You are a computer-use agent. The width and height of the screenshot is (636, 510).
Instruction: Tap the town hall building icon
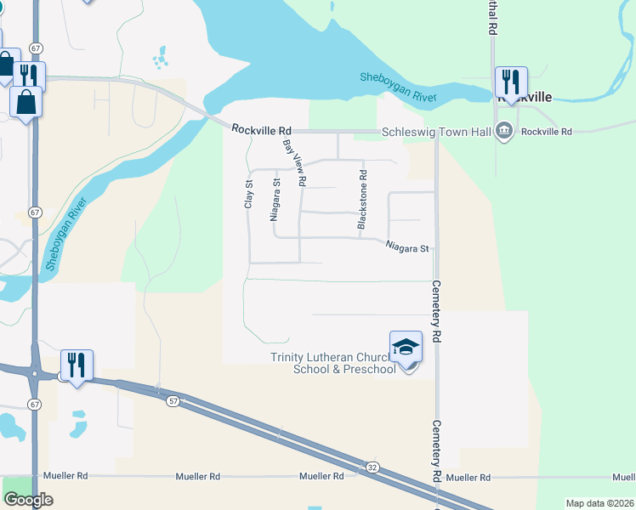click(x=503, y=132)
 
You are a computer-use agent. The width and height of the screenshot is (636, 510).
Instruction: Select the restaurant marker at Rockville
click(x=512, y=82)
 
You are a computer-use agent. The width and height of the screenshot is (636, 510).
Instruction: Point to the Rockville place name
click(x=524, y=98)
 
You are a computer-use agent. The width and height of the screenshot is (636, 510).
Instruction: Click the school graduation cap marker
click(x=406, y=347)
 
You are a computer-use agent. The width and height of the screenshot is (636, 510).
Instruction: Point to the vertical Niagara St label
click(x=275, y=200)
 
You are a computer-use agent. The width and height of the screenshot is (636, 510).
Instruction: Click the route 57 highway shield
click(x=173, y=400)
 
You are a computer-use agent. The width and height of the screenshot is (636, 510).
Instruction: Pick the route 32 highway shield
click(x=372, y=467)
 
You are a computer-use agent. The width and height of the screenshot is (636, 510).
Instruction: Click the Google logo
click(x=28, y=500)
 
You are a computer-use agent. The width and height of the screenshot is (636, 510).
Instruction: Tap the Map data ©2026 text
click(x=599, y=503)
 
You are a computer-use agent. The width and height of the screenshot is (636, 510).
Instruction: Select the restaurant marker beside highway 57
click(x=77, y=365)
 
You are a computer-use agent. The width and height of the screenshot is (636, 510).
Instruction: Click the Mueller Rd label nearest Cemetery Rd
click(x=470, y=478)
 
